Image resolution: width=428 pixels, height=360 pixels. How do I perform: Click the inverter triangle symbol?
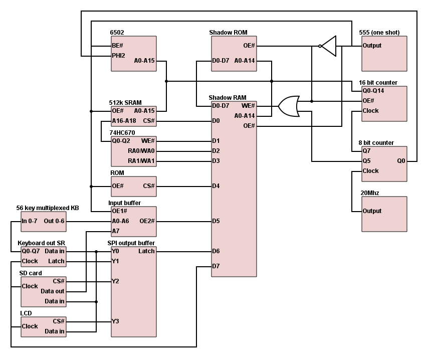[328, 46]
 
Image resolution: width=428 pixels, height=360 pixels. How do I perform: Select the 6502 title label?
[117, 33]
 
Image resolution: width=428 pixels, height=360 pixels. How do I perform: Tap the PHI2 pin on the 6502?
[119, 56]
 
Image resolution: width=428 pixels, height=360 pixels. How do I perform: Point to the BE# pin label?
[118, 46]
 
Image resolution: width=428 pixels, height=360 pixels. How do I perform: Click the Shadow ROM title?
[229, 33]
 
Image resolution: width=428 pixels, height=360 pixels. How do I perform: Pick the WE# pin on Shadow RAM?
[248, 106]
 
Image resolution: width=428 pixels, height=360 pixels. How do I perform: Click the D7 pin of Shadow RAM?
[216, 266]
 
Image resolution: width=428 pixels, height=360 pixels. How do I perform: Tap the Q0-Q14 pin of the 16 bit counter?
[374, 91]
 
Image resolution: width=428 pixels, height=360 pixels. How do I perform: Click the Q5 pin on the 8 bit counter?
[366, 161]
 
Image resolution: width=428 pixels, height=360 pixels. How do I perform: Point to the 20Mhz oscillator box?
[384, 214]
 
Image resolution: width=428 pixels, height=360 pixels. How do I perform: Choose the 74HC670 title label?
[123, 133]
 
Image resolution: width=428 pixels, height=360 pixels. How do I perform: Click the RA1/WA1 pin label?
[141, 161]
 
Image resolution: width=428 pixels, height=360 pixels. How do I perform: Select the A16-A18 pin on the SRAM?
[124, 121]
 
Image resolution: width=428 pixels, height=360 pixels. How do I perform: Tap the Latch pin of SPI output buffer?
[146, 251]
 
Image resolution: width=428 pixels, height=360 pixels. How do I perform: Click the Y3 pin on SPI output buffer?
[115, 321]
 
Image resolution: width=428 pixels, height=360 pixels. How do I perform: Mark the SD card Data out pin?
[53, 291]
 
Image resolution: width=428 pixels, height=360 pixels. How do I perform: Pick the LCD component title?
[26, 313]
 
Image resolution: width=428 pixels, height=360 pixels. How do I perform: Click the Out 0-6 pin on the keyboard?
[55, 221]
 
